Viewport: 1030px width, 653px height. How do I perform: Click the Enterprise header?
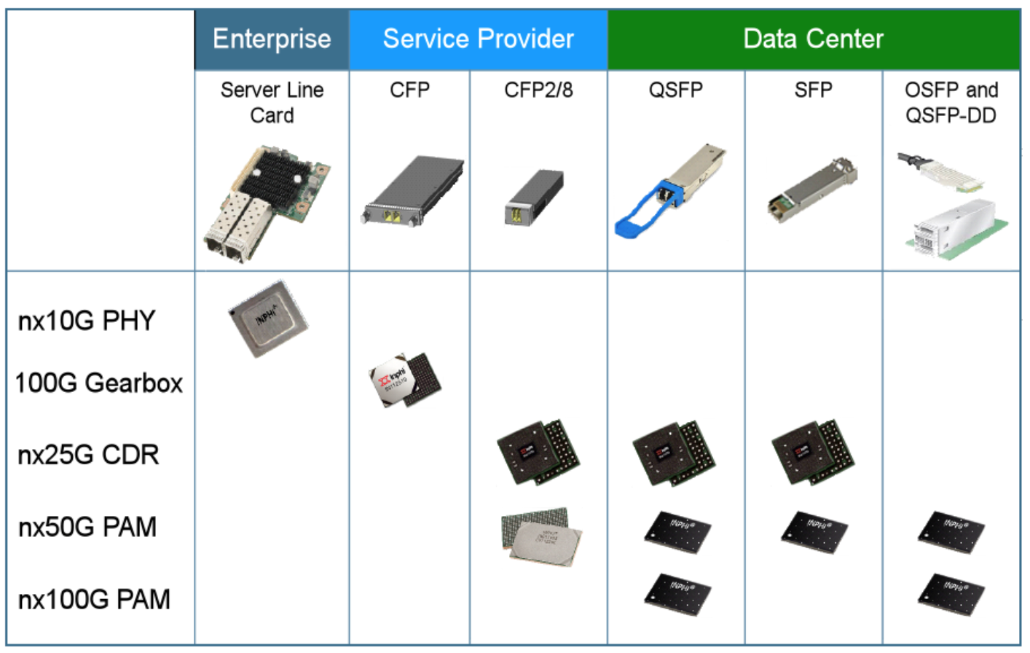tap(272, 39)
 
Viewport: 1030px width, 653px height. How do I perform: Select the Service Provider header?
tap(478, 39)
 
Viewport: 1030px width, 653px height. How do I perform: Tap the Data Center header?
tap(813, 39)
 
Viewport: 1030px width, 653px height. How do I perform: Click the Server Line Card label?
tap(272, 103)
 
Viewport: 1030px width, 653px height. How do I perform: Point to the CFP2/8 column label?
tap(538, 90)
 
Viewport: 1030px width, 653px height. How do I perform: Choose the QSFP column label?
tap(675, 90)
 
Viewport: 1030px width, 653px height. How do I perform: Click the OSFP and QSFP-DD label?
tap(951, 103)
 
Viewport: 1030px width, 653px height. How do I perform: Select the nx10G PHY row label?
tap(87, 321)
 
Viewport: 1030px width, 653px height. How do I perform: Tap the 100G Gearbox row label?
tap(99, 383)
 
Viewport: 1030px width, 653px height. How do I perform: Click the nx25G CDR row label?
tap(88, 455)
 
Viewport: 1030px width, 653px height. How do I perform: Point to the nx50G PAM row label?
tap(87, 527)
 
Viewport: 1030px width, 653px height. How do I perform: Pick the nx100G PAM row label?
tap(94, 599)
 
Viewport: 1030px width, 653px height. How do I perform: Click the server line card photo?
tap(267, 204)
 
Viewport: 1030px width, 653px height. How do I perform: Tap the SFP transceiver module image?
tap(811, 189)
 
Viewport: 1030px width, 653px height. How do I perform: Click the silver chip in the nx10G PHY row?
tap(268, 319)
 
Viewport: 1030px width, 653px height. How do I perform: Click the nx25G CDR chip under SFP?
tap(812, 452)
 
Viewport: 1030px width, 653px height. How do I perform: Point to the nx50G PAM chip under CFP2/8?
tap(540, 537)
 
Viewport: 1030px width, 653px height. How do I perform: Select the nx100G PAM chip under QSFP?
tap(677, 594)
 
